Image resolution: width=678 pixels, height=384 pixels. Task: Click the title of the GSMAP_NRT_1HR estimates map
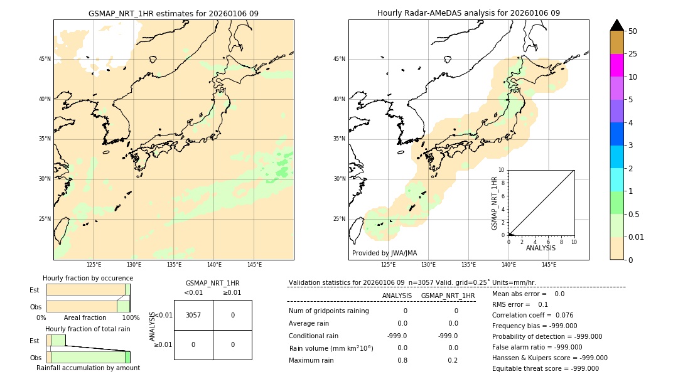point(173,13)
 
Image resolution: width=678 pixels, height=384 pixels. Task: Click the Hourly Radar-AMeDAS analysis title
point(468,13)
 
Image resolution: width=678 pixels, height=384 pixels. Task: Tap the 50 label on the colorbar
point(633,31)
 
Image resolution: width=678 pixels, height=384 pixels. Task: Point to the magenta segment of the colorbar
point(617,65)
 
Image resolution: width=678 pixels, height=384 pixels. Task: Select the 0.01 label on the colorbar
point(636,237)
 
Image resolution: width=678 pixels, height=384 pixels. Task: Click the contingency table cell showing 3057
point(193,315)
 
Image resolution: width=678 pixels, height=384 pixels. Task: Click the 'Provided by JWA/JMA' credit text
point(384,253)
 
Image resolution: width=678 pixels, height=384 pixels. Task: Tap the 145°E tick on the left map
point(254,265)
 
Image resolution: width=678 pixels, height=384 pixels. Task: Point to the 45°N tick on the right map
point(339,59)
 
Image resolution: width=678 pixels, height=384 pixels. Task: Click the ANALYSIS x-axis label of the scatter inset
point(541,248)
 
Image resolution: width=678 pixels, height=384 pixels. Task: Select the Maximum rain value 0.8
point(402,360)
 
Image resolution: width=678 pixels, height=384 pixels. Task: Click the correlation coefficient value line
point(532,315)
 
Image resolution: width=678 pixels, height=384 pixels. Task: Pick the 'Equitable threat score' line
point(545,368)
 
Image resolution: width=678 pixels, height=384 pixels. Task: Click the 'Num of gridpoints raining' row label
point(328,311)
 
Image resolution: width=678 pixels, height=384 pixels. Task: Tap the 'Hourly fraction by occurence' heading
point(88,278)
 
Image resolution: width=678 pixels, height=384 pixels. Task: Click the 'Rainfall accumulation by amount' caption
point(88,368)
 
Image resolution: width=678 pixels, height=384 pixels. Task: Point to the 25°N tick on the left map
point(44,219)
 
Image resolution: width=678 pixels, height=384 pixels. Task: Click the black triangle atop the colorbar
point(617,25)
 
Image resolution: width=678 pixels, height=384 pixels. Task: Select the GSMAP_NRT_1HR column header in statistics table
point(448,296)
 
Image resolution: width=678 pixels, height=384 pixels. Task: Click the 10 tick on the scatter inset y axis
point(501,170)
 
